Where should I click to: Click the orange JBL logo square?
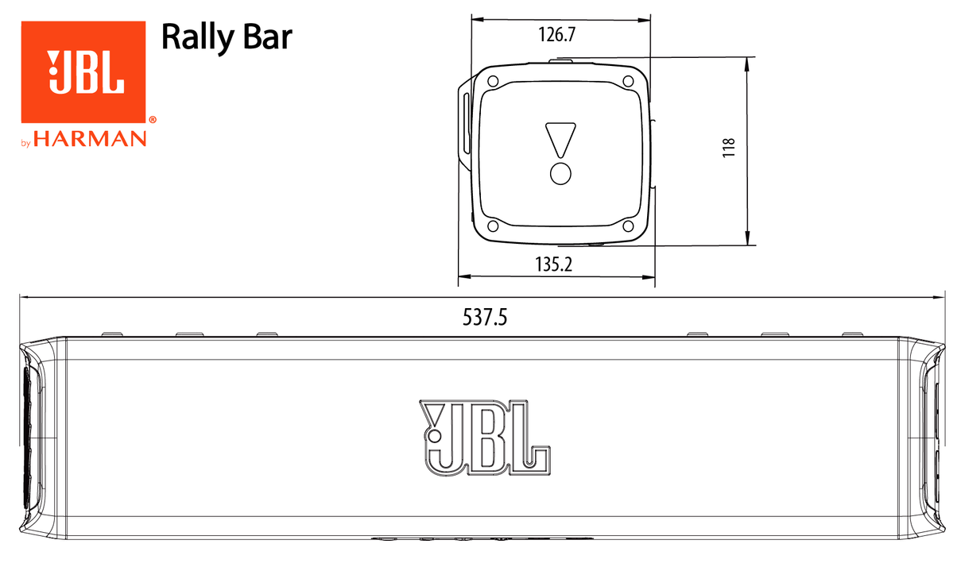pyautogui.click(x=83, y=71)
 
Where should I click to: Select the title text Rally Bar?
pyautogui.click(x=227, y=37)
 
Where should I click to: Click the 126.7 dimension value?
pyautogui.click(x=556, y=36)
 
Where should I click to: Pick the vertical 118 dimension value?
pyautogui.click(x=729, y=148)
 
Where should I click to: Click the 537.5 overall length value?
pyautogui.click(x=485, y=318)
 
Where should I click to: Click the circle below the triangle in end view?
pyautogui.click(x=560, y=174)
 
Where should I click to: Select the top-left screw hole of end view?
pyautogui.click(x=493, y=82)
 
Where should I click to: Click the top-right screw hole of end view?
pyautogui.click(x=628, y=82)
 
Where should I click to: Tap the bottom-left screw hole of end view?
pyautogui.click(x=493, y=226)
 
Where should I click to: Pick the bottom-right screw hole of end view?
pyautogui.click(x=628, y=226)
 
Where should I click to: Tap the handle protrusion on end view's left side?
pyautogui.click(x=463, y=123)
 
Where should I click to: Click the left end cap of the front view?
pyautogui.click(x=40, y=437)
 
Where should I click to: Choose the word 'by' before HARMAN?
pyautogui.click(x=25, y=143)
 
